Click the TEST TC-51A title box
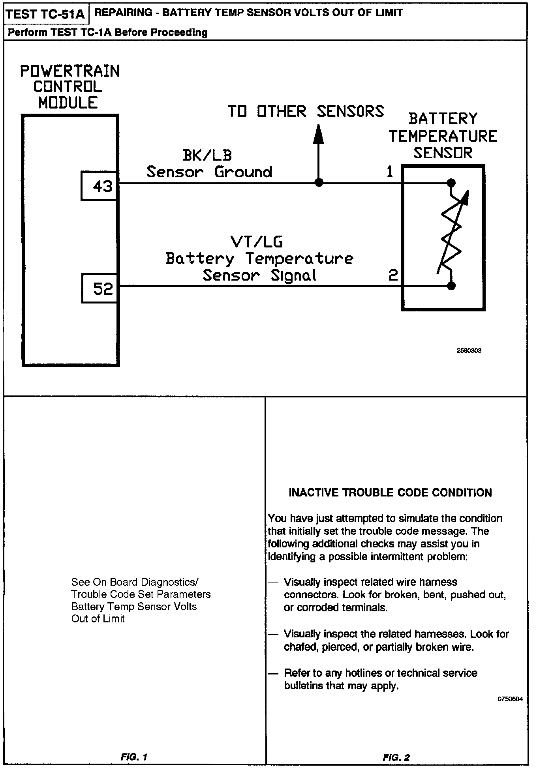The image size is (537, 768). point(46,15)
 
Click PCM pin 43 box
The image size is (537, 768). point(100,186)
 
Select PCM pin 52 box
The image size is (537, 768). point(100,289)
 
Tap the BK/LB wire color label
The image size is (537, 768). point(207,155)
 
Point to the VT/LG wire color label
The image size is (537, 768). point(257,242)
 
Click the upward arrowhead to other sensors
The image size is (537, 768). point(319,134)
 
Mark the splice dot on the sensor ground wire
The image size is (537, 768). point(319,183)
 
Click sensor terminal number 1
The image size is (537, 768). point(390,172)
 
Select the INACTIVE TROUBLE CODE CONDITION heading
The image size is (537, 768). point(390,493)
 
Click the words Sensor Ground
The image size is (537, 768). point(209,172)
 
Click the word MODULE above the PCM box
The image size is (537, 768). point(68,103)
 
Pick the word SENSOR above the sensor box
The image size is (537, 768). point(443,153)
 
